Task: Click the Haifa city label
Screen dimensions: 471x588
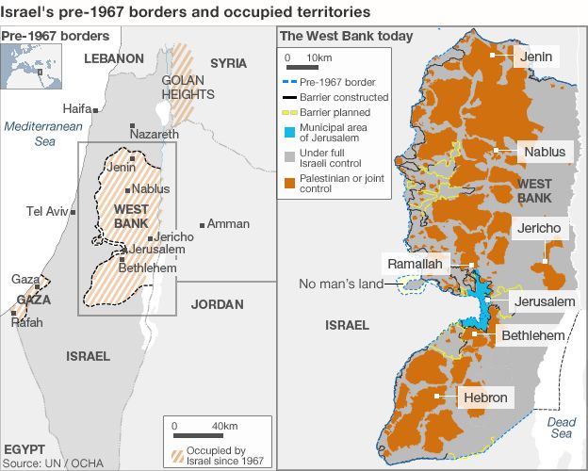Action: [x=77, y=108]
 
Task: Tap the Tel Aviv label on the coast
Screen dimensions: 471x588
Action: [x=46, y=210]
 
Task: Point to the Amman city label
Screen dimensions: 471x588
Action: [x=228, y=224]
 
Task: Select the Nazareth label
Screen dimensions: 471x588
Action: [x=153, y=136]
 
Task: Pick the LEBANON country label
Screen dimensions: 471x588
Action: [x=113, y=58]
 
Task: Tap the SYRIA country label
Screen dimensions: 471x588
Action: [x=228, y=63]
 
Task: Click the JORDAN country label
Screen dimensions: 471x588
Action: [x=217, y=304]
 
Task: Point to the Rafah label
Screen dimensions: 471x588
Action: [x=26, y=321]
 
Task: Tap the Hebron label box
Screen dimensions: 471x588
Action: [x=485, y=398]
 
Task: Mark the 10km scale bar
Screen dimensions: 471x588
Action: [x=302, y=68]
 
